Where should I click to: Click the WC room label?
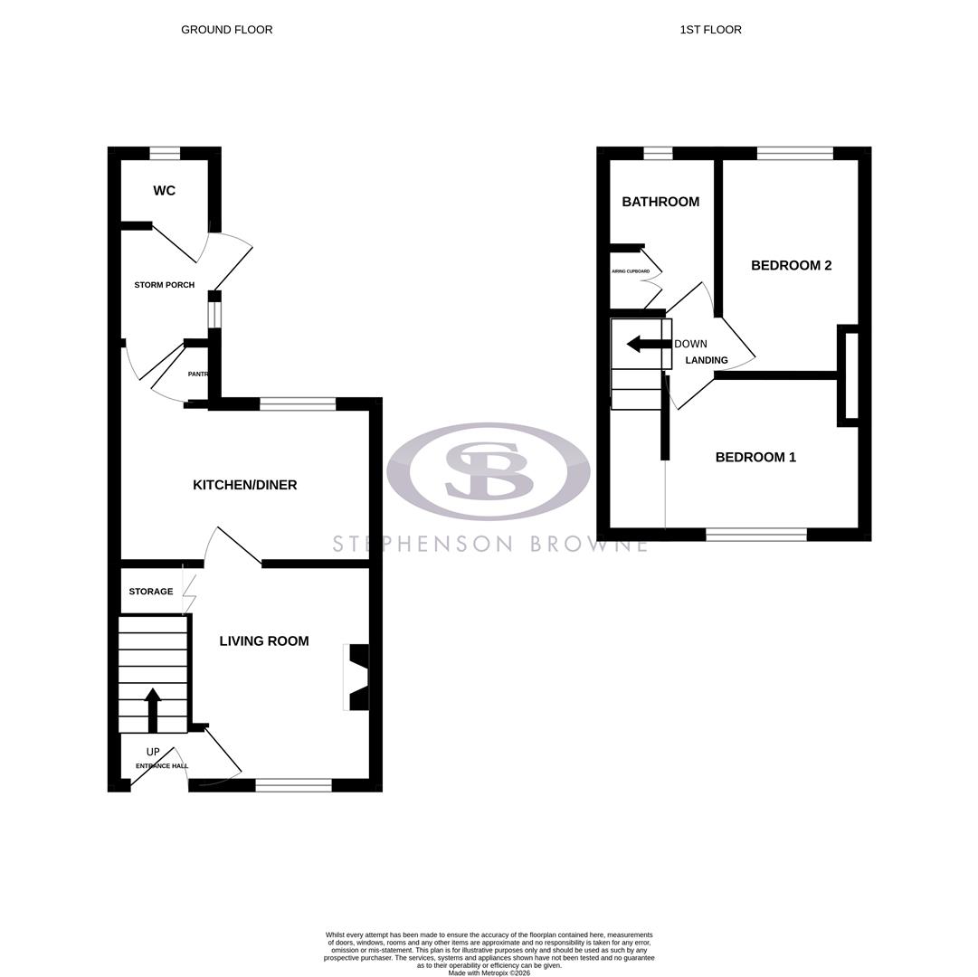click(x=164, y=191)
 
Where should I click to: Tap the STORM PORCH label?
click(x=164, y=285)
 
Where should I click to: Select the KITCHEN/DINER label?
click(x=244, y=485)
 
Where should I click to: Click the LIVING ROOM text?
click(x=264, y=641)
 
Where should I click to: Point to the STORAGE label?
click(x=150, y=592)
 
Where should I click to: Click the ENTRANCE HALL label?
click(x=162, y=766)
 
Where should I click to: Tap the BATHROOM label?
click(x=660, y=202)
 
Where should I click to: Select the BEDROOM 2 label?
click(x=791, y=265)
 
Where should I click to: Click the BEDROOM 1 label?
click(x=755, y=458)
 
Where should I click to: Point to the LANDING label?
click(x=707, y=360)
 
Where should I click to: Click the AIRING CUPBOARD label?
click(x=631, y=271)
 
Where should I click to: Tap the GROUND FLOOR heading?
click(x=226, y=30)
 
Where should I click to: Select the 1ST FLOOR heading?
click(x=710, y=30)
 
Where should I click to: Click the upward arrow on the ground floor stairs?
click(x=153, y=708)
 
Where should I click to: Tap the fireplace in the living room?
click(x=357, y=677)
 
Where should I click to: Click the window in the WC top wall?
click(x=165, y=153)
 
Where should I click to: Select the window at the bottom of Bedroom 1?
click(x=755, y=535)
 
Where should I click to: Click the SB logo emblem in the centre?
click(x=489, y=471)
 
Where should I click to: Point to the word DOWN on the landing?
click(x=690, y=344)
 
